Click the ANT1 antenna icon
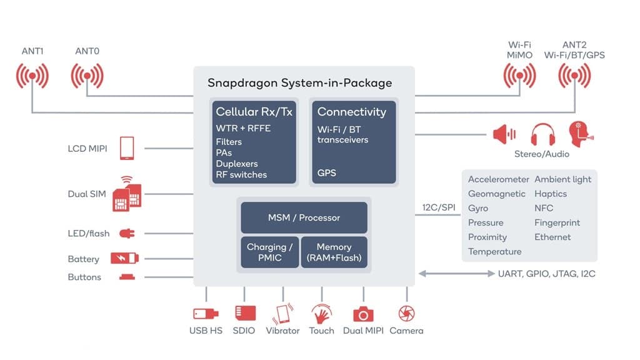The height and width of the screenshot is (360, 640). pyautogui.click(x=32, y=77)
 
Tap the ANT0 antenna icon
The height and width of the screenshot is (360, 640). pyautogui.click(x=87, y=77)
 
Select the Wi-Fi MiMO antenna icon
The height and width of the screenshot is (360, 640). pyautogui.click(x=520, y=77)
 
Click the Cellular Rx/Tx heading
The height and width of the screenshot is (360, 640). pyautogui.click(x=254, y=112)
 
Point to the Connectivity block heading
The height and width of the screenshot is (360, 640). pyautogui.click(x=351, y=112)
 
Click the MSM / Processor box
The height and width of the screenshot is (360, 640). pyautogui.click(x=304, y=217)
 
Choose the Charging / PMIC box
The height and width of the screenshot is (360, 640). pyautogui.click(x=269, y=252)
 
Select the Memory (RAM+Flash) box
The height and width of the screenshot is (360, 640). pyautogui.click(x=334, y=252)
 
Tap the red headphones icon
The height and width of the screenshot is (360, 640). pyautogui.click(x=542, y=134)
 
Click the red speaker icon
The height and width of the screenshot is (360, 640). pyautogui.click(x=504, y=134)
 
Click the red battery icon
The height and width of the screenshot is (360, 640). pyautogui.click(x=125, y=258)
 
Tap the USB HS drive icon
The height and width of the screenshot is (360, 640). pyautogui.click(x=205, y=313)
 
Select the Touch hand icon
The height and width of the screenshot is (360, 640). pyautogui.click(x=321, y=313)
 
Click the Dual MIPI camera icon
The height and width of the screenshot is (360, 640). pyautogui.click(x=363, y=314)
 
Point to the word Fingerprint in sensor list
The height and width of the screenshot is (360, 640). pyautogui.click(x=557, y=222)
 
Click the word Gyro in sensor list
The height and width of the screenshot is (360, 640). pyautogui.click(x=478, y=208)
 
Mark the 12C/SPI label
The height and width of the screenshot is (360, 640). pyautogui.click(x=437, y=207)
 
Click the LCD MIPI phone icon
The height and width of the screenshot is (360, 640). pyautogui.click(x=127, y=148)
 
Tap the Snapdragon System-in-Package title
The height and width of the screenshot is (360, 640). pyautogui.click(x=299, y=83)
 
